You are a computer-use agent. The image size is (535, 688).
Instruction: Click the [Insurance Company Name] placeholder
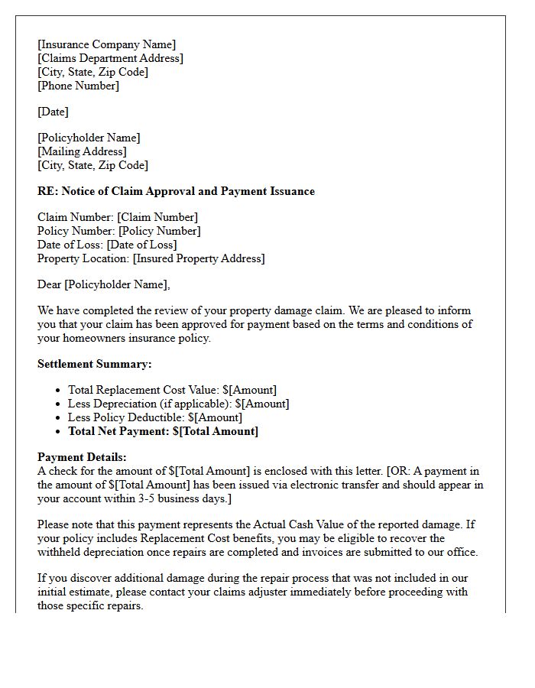click(x=106, y=44)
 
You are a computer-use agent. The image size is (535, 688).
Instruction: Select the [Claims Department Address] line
click(x=110, y=58)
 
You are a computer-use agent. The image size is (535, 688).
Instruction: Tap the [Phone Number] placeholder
click(x=78, y=86)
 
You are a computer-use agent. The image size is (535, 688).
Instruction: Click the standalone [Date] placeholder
click(x=53, y=112)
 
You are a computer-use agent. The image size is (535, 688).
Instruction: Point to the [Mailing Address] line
click(x=82, y=151)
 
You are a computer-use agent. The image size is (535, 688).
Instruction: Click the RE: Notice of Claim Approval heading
click(x=176, y=191)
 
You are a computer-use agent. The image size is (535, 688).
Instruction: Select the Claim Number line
click(x=118, y=217)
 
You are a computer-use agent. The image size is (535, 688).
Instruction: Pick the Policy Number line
click(x=119, y=231)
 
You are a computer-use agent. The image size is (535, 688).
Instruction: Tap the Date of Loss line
click(x=107, y=245)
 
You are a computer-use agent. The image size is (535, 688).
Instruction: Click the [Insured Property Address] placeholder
click(x=199, y=258)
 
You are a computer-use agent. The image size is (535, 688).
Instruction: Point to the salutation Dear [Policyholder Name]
click(x=104, y=284)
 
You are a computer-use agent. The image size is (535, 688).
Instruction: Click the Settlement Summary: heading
click(x=95, y=364)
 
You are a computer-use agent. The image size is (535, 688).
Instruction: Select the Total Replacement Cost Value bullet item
click(x=172, y=390)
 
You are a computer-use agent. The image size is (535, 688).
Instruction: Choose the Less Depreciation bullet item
click(x=178, y=404)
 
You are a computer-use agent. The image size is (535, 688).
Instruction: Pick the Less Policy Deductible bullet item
click(x=154, y=417)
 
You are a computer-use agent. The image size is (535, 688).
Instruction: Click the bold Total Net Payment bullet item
click(x=163, y=431)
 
